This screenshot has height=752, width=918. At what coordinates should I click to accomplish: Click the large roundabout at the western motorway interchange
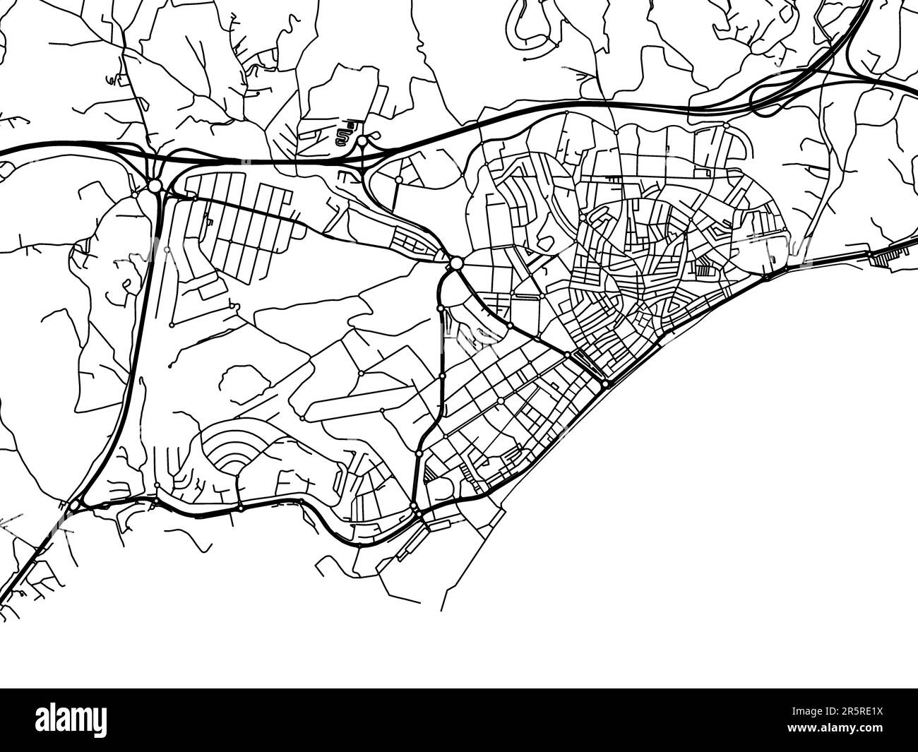(x=155, y=186)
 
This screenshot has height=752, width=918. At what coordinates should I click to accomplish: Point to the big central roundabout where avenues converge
(x=456, y=263)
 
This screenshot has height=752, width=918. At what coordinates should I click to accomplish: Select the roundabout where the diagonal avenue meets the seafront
(x=606, y=384)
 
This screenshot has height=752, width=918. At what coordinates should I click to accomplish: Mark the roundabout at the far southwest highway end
(x=74, y=506)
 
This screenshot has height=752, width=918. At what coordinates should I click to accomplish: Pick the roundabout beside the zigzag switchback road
(x=362, y=141)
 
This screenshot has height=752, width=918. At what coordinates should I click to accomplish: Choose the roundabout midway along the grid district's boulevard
(x=500, y=401)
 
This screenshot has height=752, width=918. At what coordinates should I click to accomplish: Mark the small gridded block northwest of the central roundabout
(x=413, y=241)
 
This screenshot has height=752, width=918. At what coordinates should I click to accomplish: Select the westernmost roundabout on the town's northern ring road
(x=399, y=180)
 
